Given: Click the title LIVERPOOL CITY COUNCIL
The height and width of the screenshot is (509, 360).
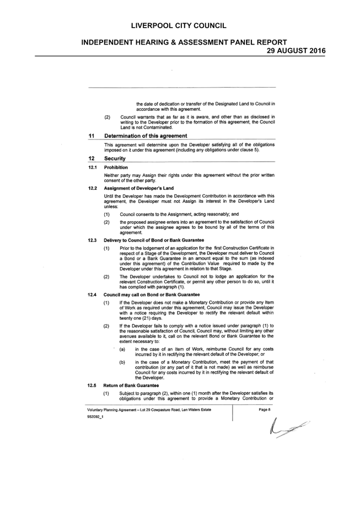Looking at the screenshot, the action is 179,26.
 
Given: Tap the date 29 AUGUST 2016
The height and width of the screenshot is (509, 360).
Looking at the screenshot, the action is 296,51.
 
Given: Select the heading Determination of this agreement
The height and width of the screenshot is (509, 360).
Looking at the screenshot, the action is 146,136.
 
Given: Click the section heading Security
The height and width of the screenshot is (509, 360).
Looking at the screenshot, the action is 115,158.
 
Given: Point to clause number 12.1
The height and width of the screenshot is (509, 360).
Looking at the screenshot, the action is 93,168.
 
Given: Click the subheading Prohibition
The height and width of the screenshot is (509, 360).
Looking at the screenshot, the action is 116,168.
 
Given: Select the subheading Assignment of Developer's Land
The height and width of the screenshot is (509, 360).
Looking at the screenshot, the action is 138,188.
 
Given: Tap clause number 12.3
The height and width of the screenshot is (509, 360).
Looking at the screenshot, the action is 92,240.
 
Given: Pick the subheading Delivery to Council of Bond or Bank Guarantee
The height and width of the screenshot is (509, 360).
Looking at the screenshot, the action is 154,240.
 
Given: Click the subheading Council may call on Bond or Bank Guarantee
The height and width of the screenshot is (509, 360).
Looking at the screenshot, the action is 152,294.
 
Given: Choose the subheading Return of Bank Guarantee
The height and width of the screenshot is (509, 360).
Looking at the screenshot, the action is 131,385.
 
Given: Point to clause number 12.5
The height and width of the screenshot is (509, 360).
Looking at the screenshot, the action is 92,385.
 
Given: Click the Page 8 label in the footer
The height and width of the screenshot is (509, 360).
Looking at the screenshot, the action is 265,410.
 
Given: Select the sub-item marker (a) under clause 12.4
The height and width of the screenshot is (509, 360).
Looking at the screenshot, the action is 122,349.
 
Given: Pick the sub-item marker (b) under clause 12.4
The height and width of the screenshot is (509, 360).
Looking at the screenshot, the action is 122,362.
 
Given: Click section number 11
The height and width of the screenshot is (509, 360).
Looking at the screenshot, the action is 91,136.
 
